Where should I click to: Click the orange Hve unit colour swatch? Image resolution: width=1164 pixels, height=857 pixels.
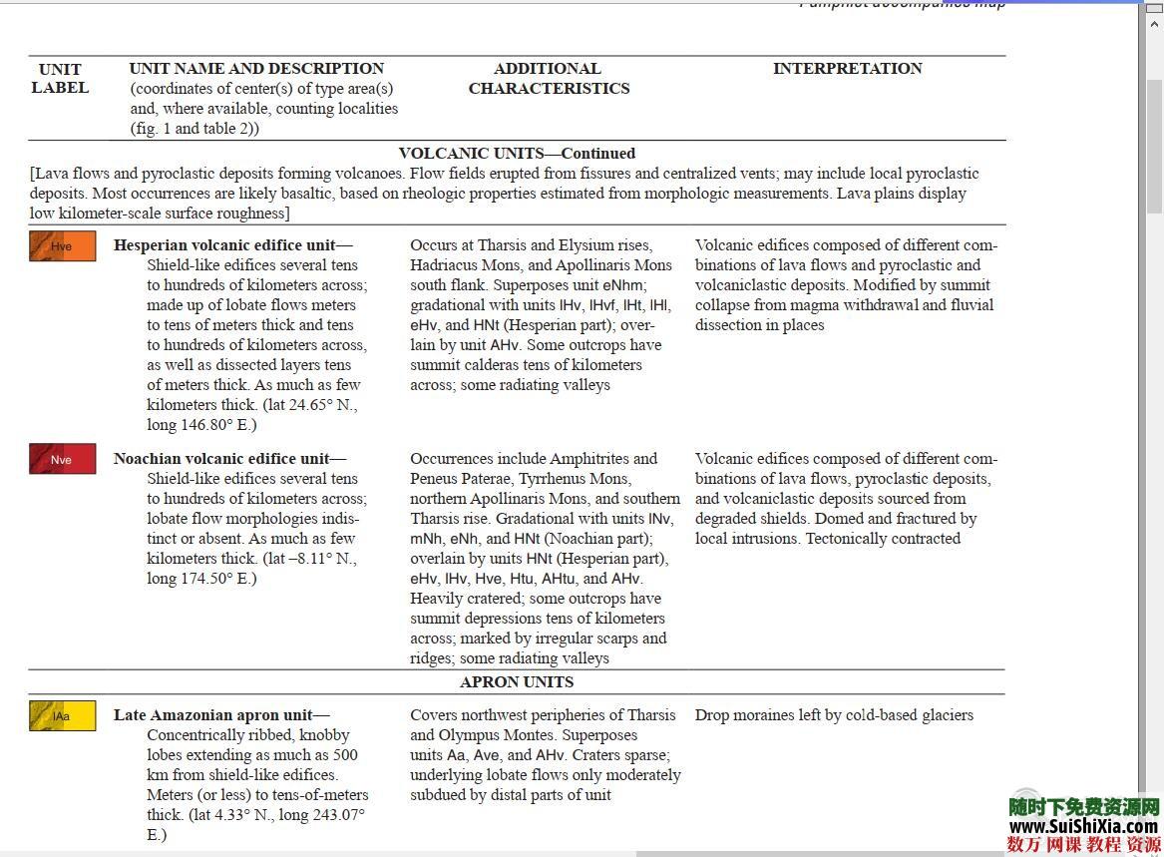point(62,246)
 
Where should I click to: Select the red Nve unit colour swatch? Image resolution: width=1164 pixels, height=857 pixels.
point(62,459)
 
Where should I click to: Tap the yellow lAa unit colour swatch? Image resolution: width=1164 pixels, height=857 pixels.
point(62,715)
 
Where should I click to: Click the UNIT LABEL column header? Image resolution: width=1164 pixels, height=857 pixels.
point(60,78)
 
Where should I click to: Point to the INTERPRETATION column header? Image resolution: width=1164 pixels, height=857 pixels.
point(847,69)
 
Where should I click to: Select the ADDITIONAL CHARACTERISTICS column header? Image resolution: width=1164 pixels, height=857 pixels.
point(549,78)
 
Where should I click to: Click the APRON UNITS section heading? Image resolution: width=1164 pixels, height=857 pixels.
point(517,682)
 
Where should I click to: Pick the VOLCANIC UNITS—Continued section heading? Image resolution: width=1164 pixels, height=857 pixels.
point(517,154)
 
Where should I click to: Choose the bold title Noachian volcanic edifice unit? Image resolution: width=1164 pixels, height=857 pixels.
point(220,459)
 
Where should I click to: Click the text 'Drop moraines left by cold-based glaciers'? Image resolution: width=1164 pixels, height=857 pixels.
point(834,715)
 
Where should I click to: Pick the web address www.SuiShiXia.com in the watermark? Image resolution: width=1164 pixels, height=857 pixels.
point(1083,826)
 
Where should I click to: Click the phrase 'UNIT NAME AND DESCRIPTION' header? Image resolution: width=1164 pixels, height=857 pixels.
point(256,69)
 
